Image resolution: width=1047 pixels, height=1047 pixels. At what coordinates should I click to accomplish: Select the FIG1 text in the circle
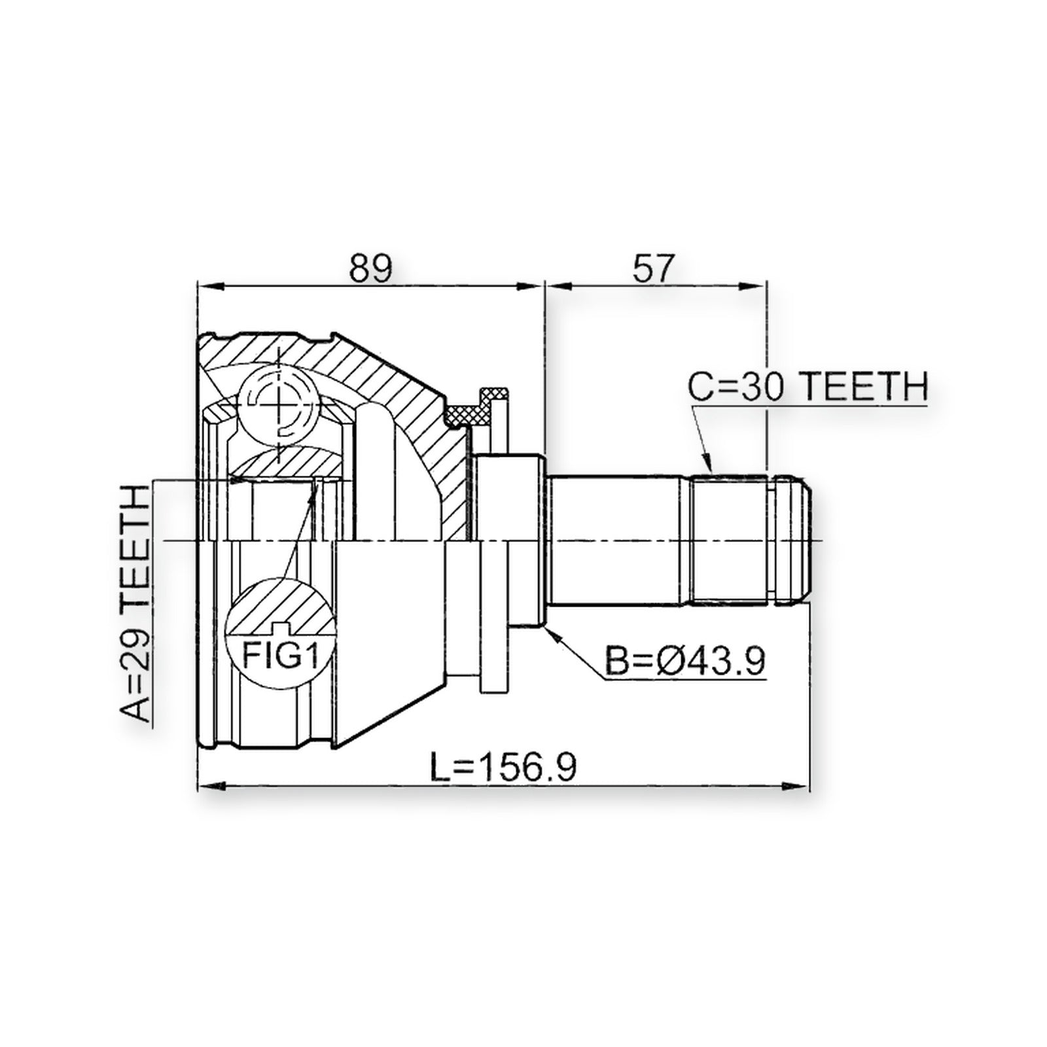pos(281,654)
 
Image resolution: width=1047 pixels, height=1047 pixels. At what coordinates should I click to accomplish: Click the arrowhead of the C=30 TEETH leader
pos(708,464)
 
